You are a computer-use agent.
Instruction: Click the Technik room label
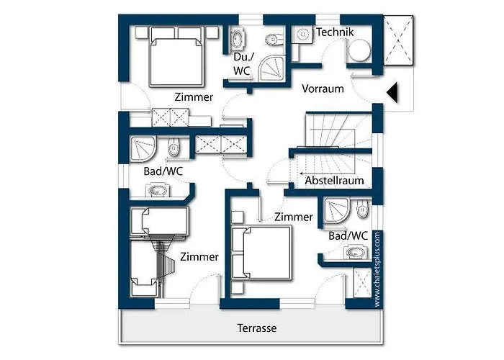[335, 32]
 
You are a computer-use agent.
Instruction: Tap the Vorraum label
[323, 89]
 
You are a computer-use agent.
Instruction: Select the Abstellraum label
[334, 181]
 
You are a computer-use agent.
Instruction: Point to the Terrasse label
[257, 328]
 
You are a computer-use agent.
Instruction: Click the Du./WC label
[243, 64]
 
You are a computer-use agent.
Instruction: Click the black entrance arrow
[392, 93]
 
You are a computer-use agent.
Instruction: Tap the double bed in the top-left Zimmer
[177, 57]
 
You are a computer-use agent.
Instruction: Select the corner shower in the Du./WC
[271, 68]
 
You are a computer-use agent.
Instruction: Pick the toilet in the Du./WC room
[275, 39]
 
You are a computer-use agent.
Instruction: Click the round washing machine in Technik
[359, 50]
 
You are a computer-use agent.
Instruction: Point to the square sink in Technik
[302, 34]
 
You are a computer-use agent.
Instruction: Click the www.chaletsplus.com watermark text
[377, 269]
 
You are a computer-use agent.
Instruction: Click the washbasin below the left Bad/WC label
[157, 190]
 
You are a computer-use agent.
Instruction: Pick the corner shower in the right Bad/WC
[336, 210]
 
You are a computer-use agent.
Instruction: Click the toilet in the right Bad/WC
[363, 210]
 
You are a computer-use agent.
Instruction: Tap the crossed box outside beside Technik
[398, 41]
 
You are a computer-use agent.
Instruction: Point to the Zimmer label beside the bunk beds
[199, 257]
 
